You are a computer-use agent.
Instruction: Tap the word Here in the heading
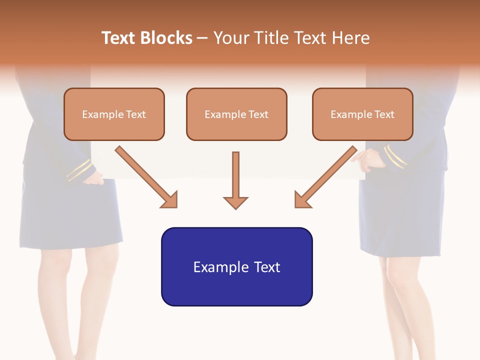coord(350,38)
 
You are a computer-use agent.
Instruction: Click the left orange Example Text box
coord(114,114)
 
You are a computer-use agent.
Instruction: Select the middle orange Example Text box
coord(236,114)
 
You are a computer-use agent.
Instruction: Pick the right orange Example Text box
coord(362,114)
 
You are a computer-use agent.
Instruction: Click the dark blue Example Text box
coord(236,266)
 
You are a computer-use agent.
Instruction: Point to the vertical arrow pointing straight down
coord(235,180)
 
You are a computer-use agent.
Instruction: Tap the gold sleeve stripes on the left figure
coord(79,170)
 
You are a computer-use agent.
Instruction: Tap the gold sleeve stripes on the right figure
coord(395,156)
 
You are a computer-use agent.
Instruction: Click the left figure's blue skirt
coord(70,215)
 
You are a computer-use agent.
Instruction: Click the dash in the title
coord(202,38)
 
